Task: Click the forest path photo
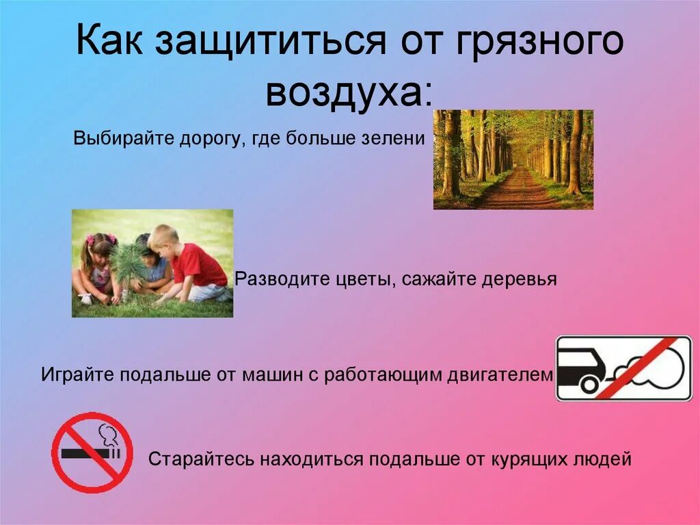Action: pos(513,159)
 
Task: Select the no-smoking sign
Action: pos(92,452)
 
